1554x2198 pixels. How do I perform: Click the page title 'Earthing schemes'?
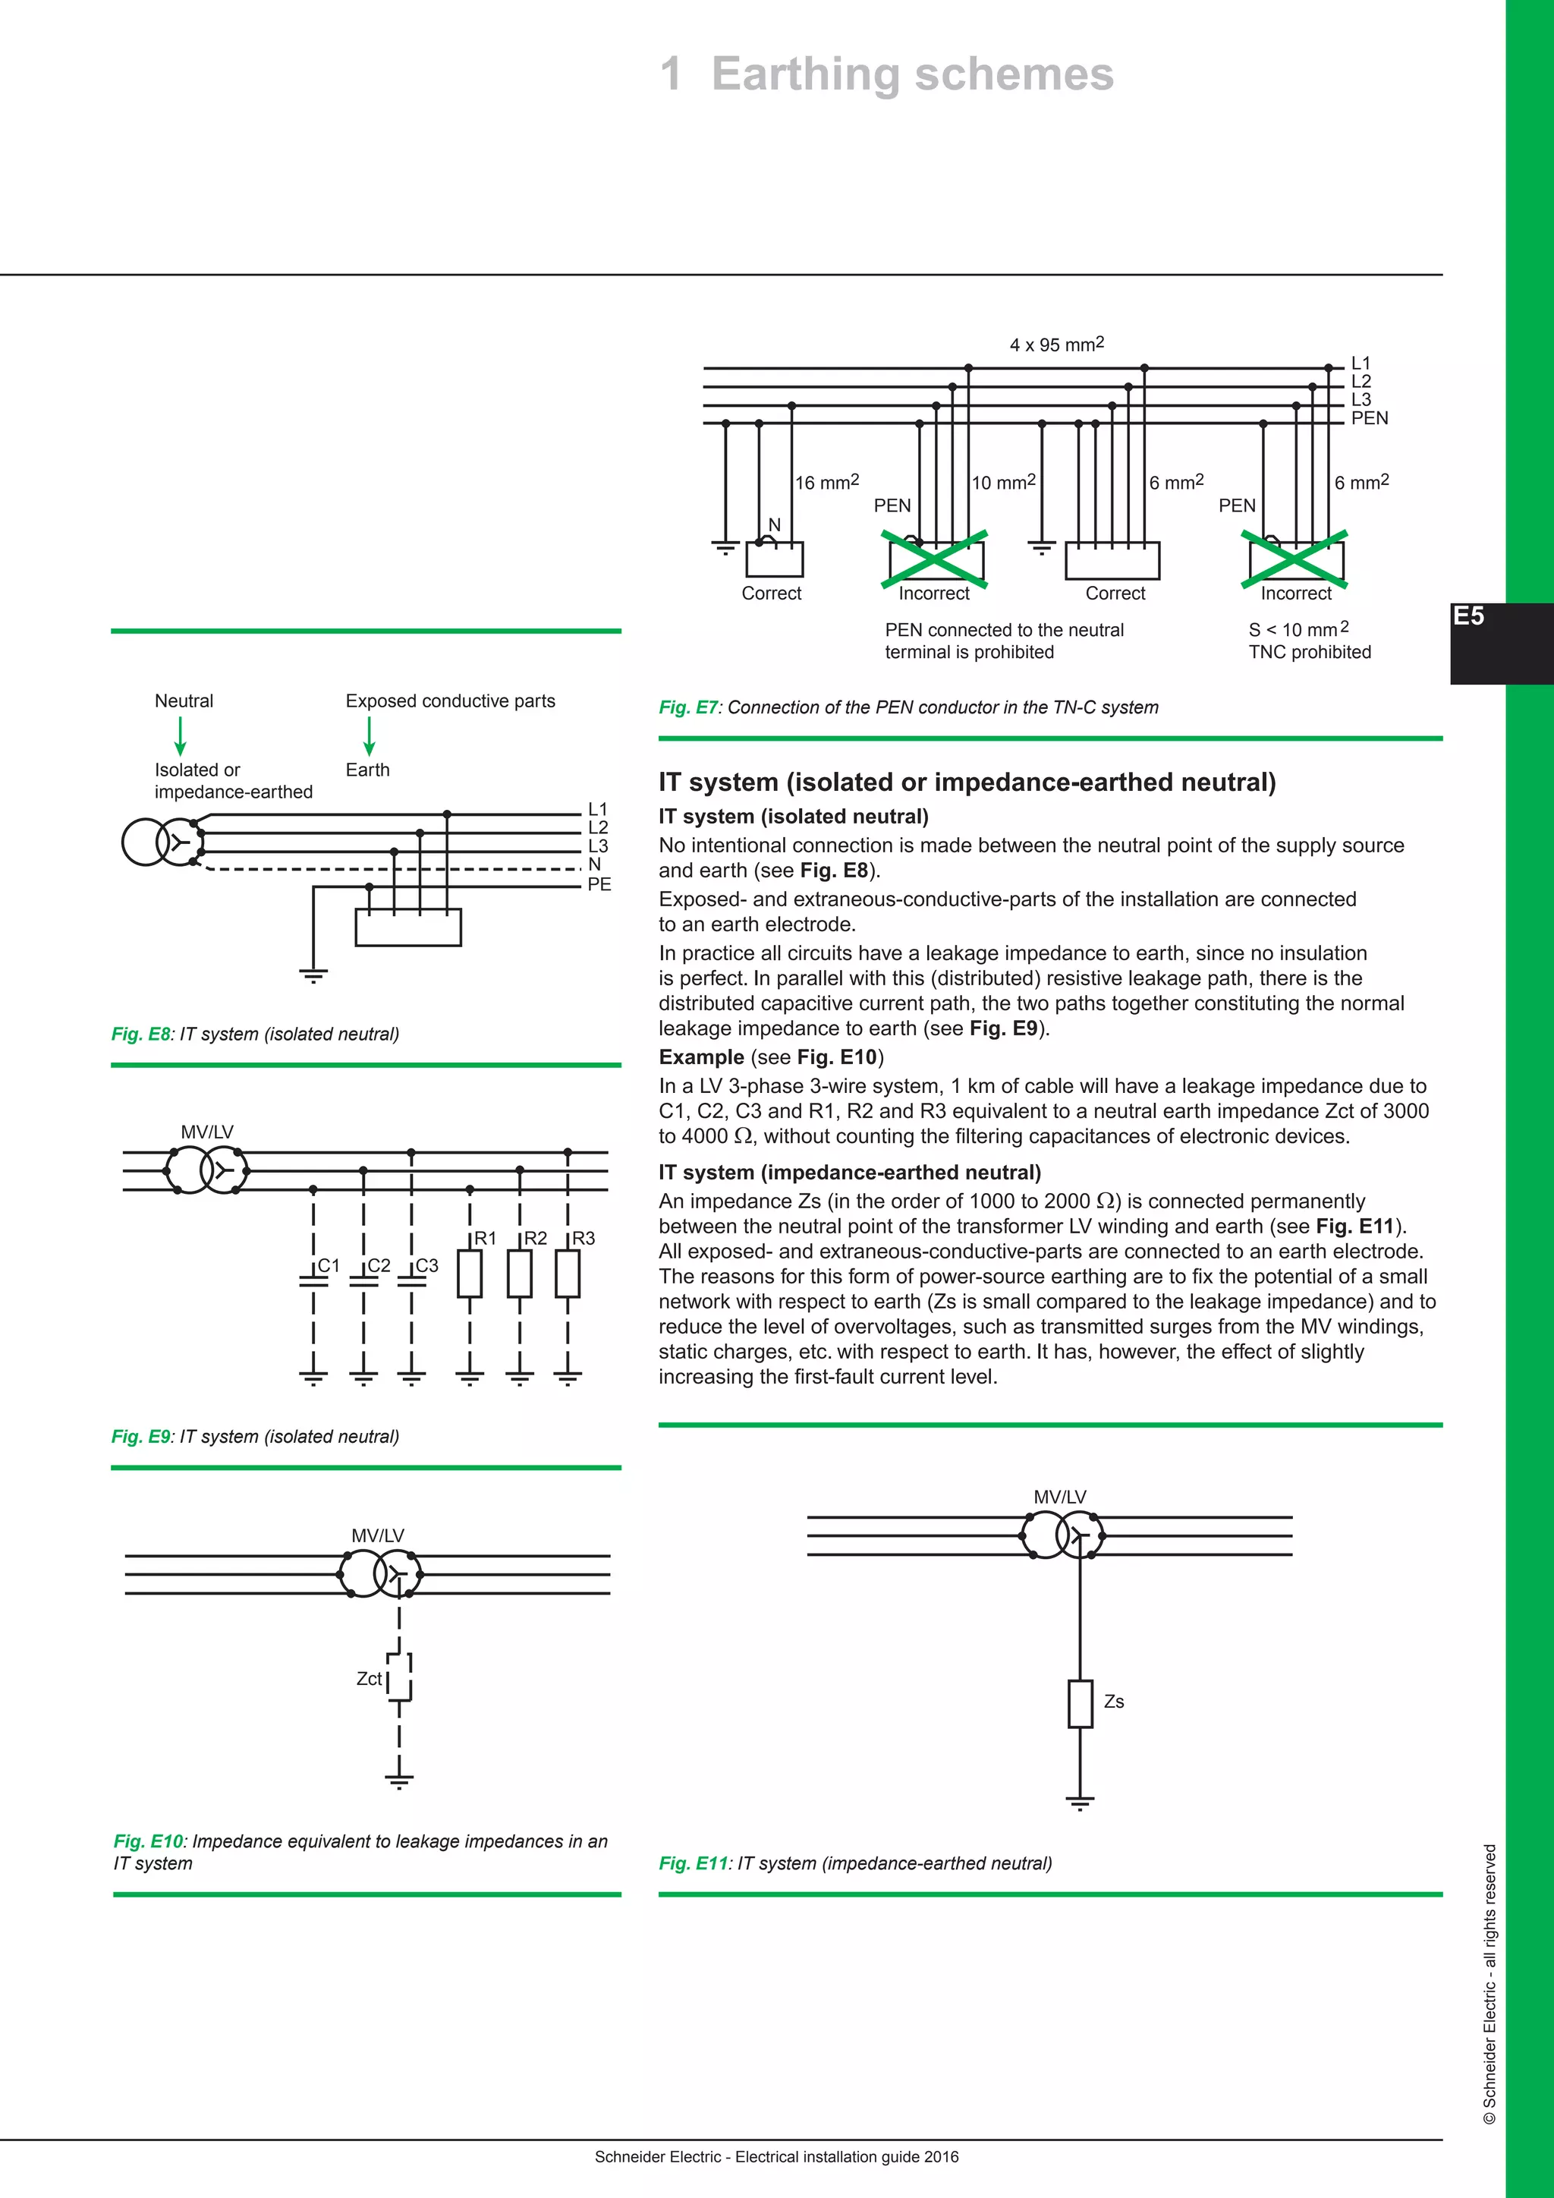[912, 74]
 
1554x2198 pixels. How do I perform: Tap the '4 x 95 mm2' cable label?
[1056, 345]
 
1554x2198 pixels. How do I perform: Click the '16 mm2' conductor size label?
[827, 483]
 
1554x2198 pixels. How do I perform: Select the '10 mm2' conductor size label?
[1003, 483]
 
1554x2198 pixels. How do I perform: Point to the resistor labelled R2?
[520, 1274]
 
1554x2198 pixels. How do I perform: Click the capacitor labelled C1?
[314, 1280]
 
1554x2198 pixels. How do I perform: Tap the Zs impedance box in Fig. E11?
[1080, 1703]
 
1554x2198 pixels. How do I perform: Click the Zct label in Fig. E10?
[369, 1678]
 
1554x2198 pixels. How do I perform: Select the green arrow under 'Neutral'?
[180, 735]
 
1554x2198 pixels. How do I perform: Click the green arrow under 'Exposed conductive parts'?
[369, 735]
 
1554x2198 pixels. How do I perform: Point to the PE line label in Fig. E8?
[599, 884]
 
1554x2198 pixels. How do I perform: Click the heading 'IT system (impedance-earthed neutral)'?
[849, 1172]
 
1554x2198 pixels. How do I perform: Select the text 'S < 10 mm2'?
[1298, 629]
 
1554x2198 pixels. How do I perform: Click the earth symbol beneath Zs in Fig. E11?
[1080, 1803]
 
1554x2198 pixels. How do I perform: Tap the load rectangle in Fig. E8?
[407, 927]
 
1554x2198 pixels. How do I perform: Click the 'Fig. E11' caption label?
[694, 1863]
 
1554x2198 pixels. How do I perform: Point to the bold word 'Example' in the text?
[700, 1057]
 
